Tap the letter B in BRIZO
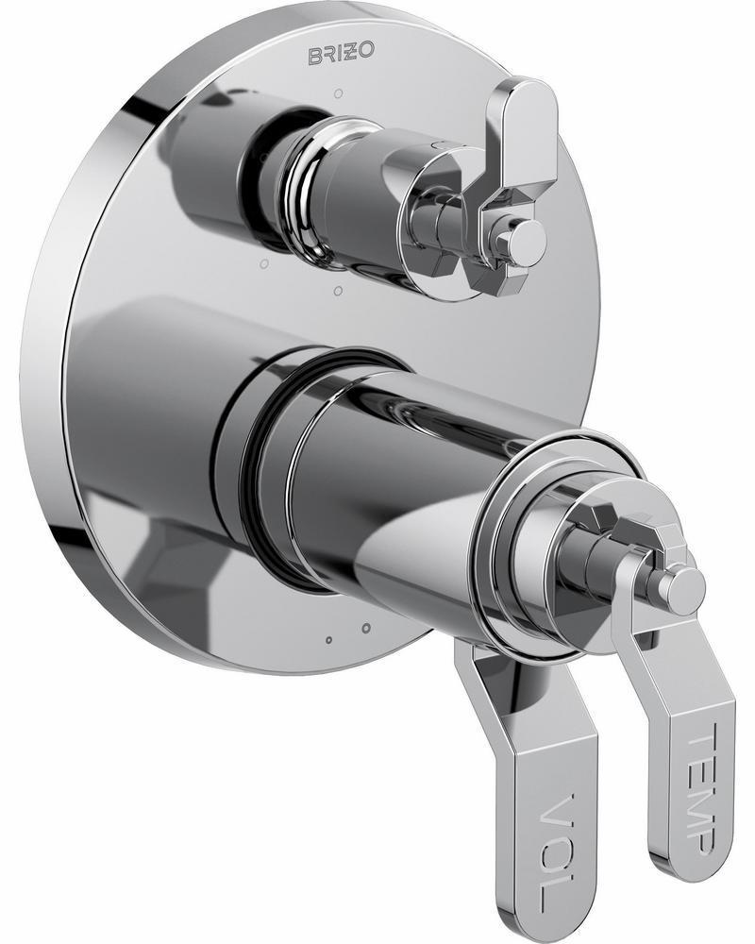(x=315, y=58)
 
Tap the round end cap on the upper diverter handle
(x=525, y=241)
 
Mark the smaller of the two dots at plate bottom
(x=327, y=640)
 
